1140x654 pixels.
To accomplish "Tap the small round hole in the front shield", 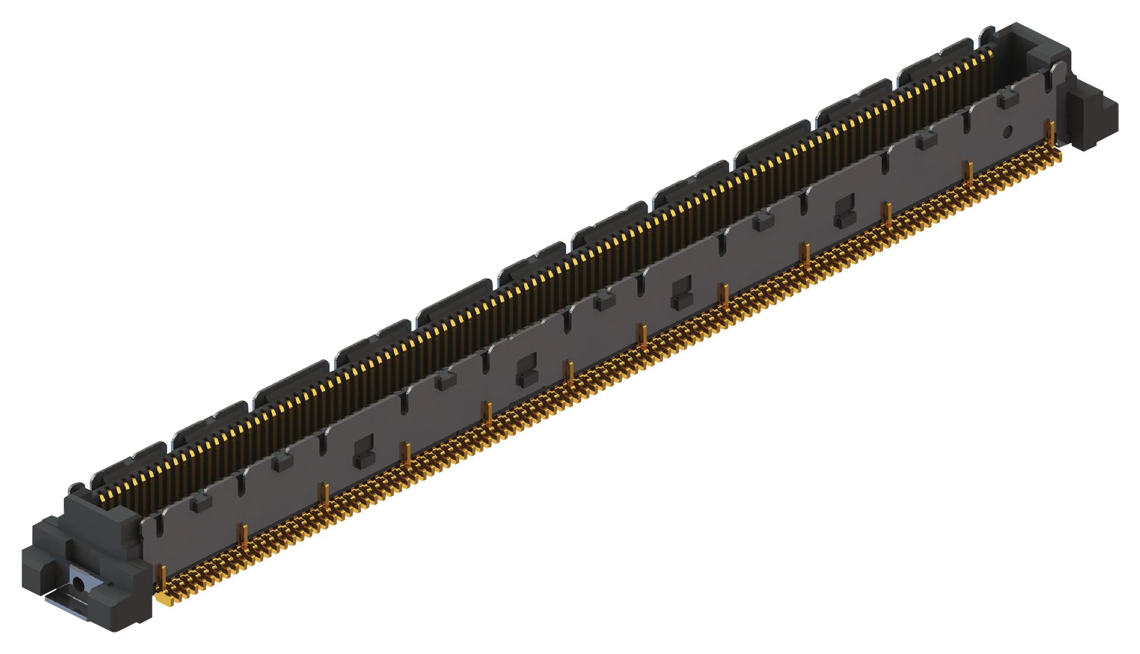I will (1007, 131).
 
